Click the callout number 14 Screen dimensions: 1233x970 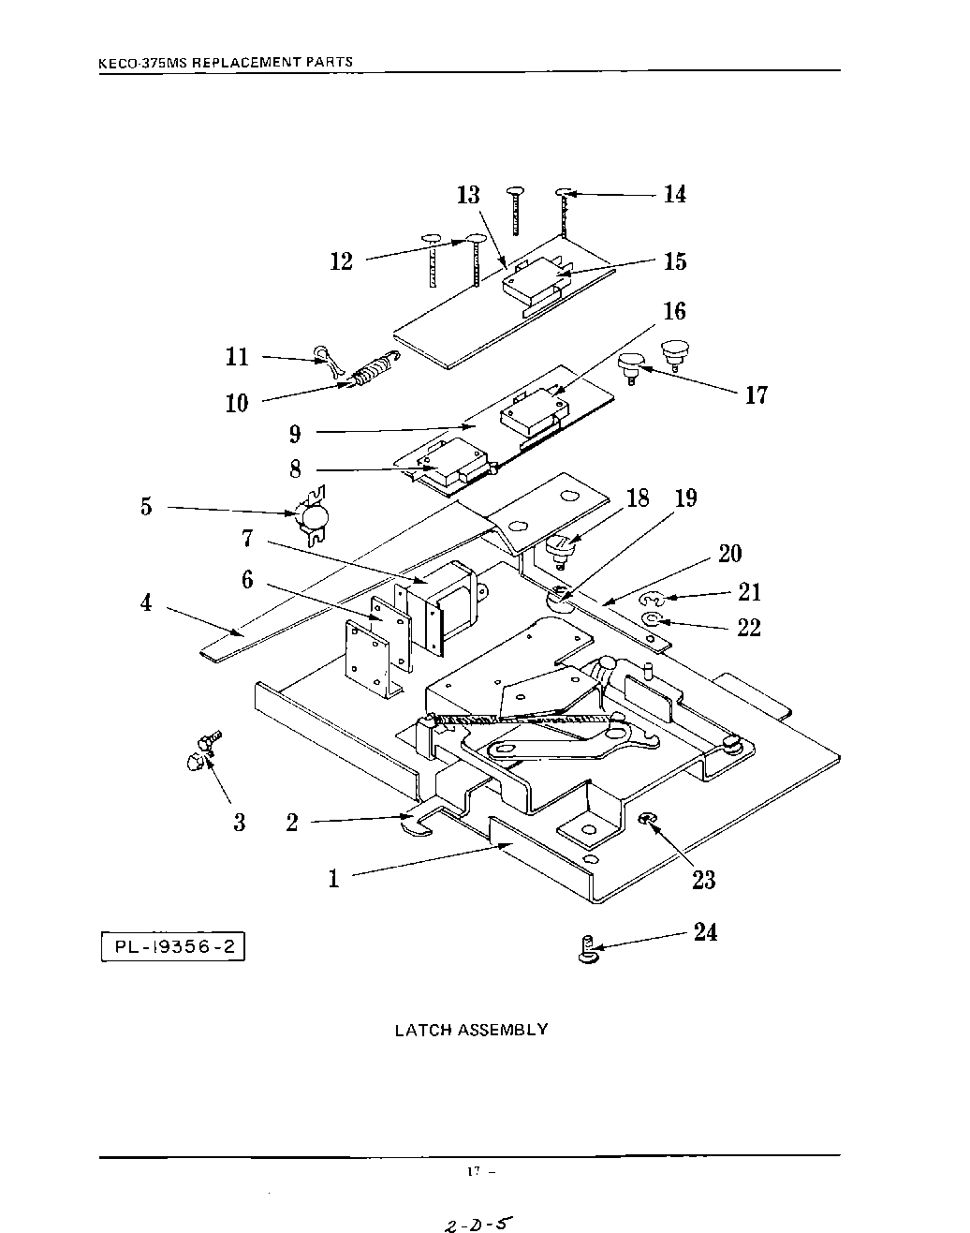[x=675, y=195]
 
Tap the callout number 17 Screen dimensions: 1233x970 [x=757, y=395]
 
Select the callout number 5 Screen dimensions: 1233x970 [x=146, y=507]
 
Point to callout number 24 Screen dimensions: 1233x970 [x=705, y=931]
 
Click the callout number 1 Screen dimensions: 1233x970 [x=333, y=879]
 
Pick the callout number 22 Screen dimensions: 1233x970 [x=749, y=628]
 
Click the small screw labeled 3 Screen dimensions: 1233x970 [x=203, y=750]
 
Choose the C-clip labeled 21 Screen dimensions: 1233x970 [x=653, y=599]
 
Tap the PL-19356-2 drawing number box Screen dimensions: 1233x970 [x=172, y=946]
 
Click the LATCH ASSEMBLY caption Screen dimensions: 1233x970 [x=471, y=1030]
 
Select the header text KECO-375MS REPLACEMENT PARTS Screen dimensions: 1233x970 [x=226, y=63]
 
